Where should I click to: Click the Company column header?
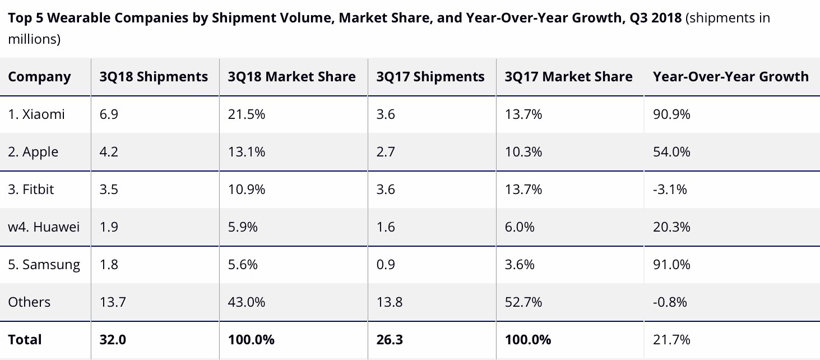click(39, 77)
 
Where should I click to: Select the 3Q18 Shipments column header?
click(154, 77)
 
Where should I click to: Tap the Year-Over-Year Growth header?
click(730, 77)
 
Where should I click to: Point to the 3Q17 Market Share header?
click(568, 77)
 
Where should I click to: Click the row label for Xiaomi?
click(36, 114)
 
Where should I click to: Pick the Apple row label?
click(33, 152)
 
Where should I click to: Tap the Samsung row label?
click(44, 265)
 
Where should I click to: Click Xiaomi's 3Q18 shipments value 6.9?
click(109, 114)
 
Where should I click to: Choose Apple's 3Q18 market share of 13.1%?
click(246, 152)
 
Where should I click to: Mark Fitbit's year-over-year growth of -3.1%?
click(670, 190)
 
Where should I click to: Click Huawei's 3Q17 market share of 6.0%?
click(520, 227)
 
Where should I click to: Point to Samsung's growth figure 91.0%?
click(671, 265)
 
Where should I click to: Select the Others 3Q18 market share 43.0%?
click(247, 302)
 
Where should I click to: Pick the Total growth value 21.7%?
click(671, 340)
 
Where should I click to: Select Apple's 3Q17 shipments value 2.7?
click(386, 152)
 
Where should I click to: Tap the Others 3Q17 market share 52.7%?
click(523, 302)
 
